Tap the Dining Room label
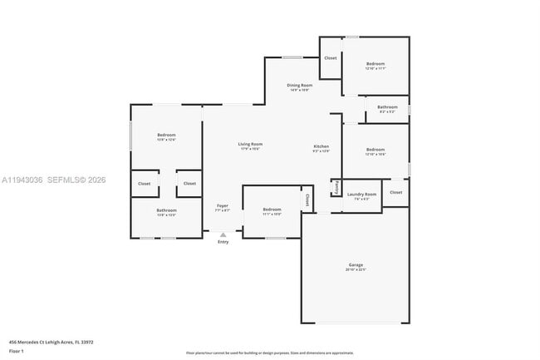pyautogui.click(x=299, y=85)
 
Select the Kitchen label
pyautogui.click(x=321, y=146)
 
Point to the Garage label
pyautogui.click(x=356, y=264)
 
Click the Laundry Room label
pyautogui.click(x=361, y=195)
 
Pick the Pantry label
pyautogui.click(x=336, y=187)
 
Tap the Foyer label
pyautogui.click(x=223, y=205)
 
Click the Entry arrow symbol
pyautogui.click(x=223, y=235)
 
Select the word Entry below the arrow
pyautogui.click(x=223, y=242)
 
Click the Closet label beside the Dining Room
pyautogui.click(x=331, y=58)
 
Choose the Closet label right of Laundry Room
pyautogui.click(x=395, y=192)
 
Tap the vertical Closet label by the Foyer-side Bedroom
pyautogui.click(x=307, y=200)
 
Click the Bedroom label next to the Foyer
pyautogui.click(x=272, y=209)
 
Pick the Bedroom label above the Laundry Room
pyautogui.click(x=376, y=150)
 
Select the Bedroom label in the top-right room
pyautogui.click(x=376, y=63)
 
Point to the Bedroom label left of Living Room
pyautogui.click(x=166, y=135)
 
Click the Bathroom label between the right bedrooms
pyautogui.click(x=387, y=106)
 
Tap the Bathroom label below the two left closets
pyautogui.click(x=166, y=210)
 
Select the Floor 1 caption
pyautogui.click(x=16, y=352)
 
